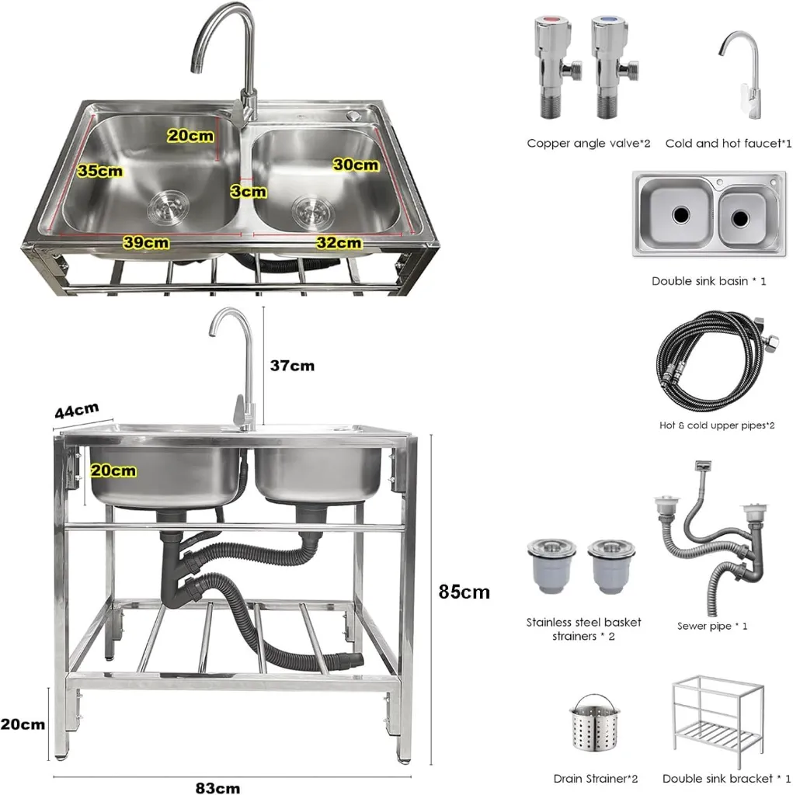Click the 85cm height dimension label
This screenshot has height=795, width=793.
tap(464, 592)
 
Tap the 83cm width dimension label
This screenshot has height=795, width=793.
tap(217, 787)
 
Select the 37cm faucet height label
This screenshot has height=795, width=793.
tap(292, 365)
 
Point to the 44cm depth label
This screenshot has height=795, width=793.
tap(76, 410)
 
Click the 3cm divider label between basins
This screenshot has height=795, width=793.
tap(249, 190)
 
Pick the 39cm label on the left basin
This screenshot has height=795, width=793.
tap(146, 242)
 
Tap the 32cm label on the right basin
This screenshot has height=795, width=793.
tap(339, 242)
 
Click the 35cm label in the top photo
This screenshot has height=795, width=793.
tap(100, 171)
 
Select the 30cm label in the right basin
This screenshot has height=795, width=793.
tap(356, 165)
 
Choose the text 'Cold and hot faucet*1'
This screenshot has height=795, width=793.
tap(729, 143)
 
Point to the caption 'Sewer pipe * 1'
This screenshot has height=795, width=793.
tap(712, 626)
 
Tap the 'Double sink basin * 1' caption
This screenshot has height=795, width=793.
tap(708, 280)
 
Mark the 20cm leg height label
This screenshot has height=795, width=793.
tap(23, 724)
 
